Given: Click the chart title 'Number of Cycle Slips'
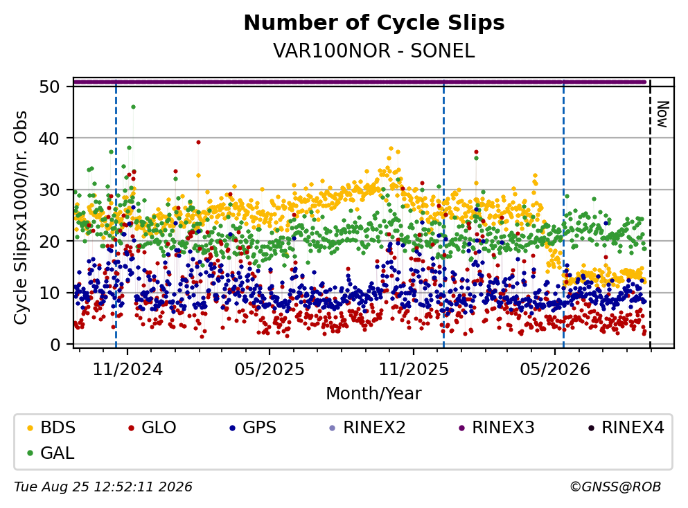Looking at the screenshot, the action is click(x=374, y=24).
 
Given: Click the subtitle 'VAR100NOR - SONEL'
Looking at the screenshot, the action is click(x=374, y=51).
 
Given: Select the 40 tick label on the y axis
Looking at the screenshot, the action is click(x=49, y=138).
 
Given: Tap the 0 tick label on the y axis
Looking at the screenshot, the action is click(x=55, y=345).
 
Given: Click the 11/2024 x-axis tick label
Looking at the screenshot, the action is click(x=127, y=370).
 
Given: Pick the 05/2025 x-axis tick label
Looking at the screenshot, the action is click(x=269, y=370).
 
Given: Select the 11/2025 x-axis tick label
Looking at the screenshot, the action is click(x=414, y=370).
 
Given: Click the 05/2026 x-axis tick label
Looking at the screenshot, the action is click(x=555, y=370).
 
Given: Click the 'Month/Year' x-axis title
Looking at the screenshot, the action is click(x=373, y=394).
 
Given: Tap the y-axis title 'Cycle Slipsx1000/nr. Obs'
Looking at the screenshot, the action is click(x=21, y=218).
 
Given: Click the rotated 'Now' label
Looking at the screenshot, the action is click(x=662, y=114).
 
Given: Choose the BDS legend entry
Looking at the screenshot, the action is click(x=51, y=427).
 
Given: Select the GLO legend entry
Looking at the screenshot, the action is click(x=152, y=427).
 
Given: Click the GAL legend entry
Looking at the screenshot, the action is click(x=51, y=453).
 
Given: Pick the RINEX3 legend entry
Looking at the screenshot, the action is click(x=497, y=427).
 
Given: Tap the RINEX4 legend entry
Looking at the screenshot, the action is click(x=626, y=427).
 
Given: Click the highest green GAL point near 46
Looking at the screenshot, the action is click(x=134, y=107).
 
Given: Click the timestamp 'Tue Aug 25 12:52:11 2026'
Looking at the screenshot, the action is click(x=103, y=487).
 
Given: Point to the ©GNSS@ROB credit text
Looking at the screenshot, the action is click(x=615, y=487).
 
